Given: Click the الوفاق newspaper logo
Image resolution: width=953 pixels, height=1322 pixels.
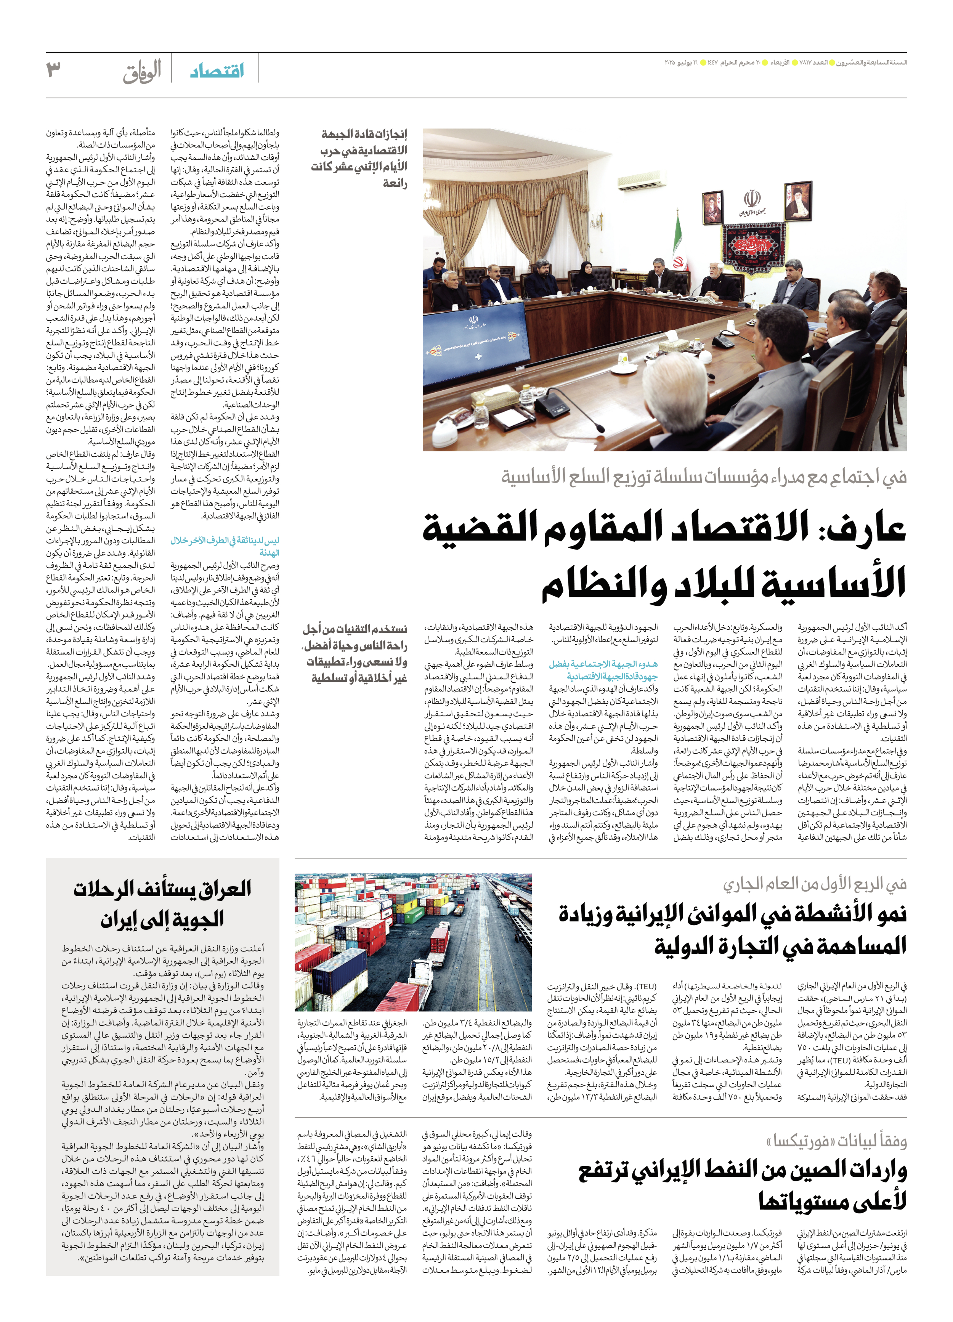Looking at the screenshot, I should coord(142,72).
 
